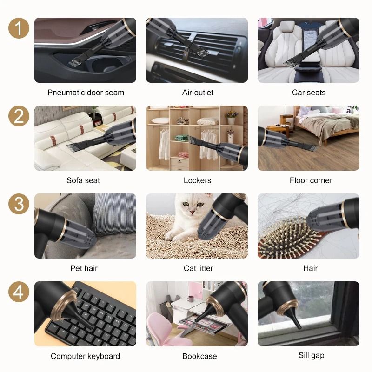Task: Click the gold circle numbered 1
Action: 19,29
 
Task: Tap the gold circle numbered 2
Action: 19,116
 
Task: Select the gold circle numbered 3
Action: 19,204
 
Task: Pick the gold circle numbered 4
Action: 19,292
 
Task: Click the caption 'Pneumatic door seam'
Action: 86,93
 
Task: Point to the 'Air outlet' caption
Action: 198,93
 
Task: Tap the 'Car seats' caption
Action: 309,93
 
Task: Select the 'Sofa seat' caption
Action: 83,180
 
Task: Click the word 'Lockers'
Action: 198,180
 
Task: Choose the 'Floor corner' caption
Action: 311,180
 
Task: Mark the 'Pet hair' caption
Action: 84,268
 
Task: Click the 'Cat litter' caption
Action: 199,268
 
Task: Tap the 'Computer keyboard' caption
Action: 85,356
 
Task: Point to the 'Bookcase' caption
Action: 199,356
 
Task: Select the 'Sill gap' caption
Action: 311,356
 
